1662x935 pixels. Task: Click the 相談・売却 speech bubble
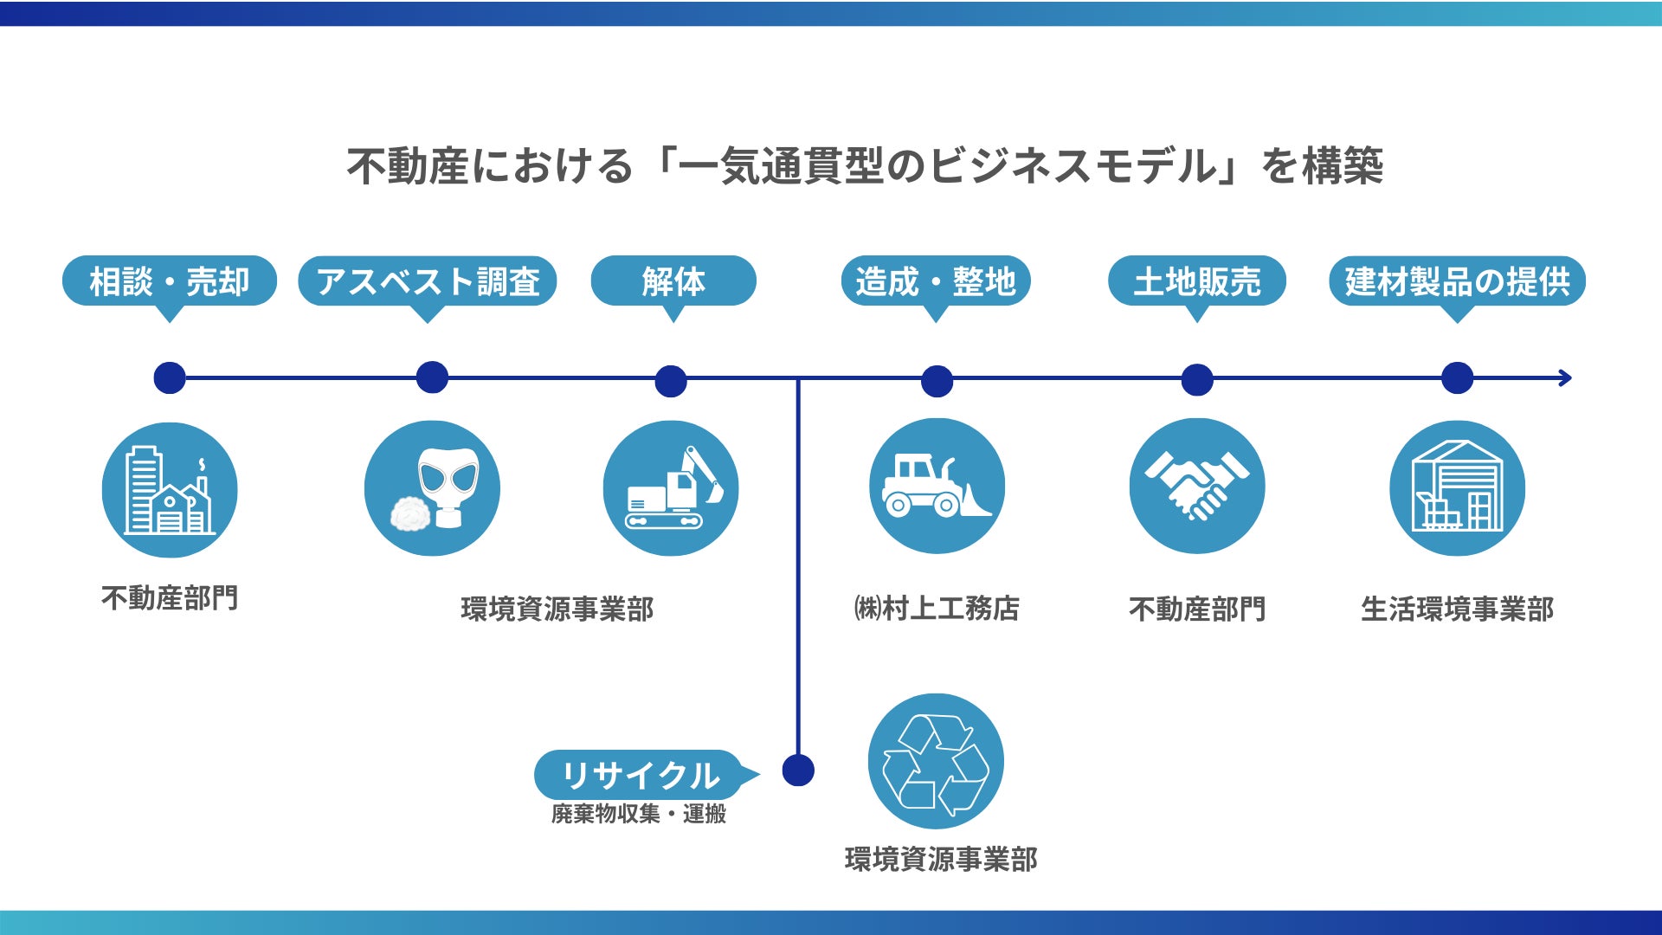tap(170, 281)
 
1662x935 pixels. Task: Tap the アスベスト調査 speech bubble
tap(428, 281)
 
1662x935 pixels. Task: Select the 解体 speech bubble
tap(673, 281)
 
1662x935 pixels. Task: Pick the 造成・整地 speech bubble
tap(936, 281)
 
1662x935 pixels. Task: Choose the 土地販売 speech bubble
tap(1197, 281)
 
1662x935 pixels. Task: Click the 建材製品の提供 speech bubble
tap(1457, 281)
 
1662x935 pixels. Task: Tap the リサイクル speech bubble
tap(640, 775)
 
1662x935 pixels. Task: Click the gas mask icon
tap(432, 488)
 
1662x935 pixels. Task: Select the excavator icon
tap(671, 488)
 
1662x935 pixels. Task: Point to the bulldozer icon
tap(937, 487)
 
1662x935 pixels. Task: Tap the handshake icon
tap(1197, 487)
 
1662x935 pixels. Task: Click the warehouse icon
tap(1457, 488)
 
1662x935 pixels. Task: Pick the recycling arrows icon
tap(936, 762)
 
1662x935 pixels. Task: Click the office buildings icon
tap(170, 490)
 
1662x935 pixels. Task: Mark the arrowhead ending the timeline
tap(1564, 378)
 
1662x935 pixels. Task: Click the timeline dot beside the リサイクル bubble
tap(798, 770)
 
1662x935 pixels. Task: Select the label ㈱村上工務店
tap(937, 609)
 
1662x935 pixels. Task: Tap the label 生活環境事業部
tap(1457, 609)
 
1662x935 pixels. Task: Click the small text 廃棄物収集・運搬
tap(639, 814)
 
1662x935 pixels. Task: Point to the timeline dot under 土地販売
tap(1197, 379)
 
